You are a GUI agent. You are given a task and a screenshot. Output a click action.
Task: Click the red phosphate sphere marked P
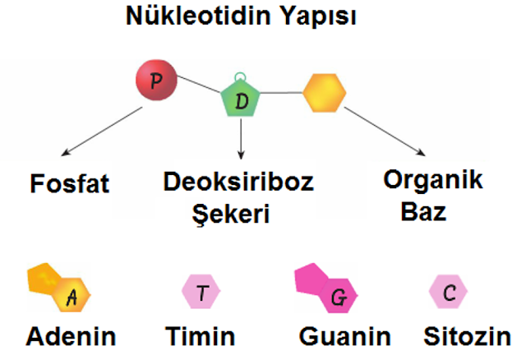156,81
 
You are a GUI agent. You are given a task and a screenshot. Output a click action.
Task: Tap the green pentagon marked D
241,99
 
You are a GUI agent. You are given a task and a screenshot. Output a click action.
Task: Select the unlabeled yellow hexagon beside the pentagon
325,93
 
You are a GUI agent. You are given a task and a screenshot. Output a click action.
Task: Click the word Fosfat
70,183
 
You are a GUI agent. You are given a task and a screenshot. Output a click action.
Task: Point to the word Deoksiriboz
238,182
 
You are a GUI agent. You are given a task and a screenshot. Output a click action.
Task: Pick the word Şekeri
231,214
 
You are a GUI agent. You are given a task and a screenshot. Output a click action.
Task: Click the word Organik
433,181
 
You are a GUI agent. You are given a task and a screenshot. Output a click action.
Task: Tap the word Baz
424,211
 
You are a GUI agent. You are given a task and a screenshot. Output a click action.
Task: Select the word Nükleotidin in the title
198,15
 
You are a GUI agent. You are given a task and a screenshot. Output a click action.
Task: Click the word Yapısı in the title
318,16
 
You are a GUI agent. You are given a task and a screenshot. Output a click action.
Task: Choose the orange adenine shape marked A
58,288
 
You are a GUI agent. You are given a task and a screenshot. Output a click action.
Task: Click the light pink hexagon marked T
201,292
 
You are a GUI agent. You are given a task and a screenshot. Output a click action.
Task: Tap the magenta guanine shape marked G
325,288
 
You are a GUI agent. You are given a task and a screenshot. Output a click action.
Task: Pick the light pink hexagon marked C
448,292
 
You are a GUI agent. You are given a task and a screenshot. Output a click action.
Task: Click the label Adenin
72,336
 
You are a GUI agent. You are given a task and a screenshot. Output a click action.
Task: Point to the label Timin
201,336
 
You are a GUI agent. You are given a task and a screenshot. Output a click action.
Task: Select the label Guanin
345,336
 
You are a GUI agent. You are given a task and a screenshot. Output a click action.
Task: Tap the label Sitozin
468,336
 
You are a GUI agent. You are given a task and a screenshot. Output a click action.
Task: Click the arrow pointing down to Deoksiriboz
241,139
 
